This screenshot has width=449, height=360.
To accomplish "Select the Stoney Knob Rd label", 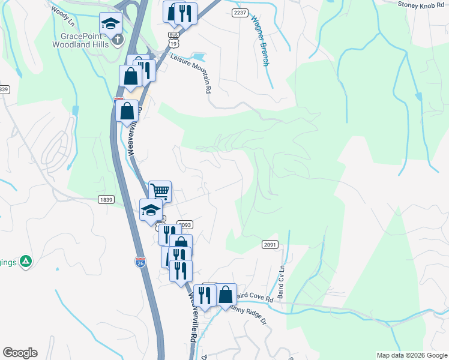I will pos(423,4).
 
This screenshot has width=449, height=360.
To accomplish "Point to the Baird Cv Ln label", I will pos(280,274).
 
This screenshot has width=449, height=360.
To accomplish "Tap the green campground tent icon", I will pos(25,261).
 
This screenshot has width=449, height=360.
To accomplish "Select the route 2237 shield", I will pos(240,13).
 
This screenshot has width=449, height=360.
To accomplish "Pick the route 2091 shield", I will pos(270,244).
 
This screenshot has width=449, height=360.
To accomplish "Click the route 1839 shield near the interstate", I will pos(106,199).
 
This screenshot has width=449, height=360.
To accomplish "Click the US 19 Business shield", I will pos(174,40).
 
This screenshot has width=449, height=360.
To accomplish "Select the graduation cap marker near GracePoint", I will pos(110,24).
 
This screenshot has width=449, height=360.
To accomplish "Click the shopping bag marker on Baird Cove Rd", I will pos(226,295).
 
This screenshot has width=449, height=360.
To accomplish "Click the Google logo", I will pos(20,353).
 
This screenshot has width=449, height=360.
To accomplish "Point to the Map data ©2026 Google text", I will pos(411,355).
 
